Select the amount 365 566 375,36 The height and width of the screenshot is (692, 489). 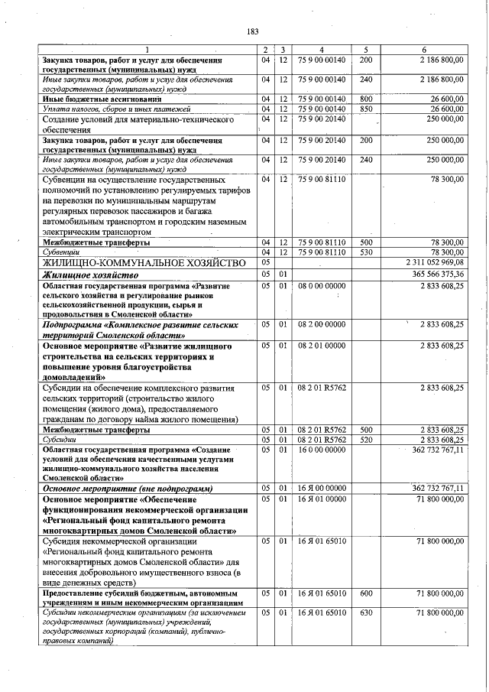pos(433,274)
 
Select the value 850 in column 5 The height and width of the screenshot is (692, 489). pos(366,109)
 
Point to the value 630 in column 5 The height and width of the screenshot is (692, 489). pos(366,613)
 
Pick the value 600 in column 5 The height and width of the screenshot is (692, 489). pos(366,593)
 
